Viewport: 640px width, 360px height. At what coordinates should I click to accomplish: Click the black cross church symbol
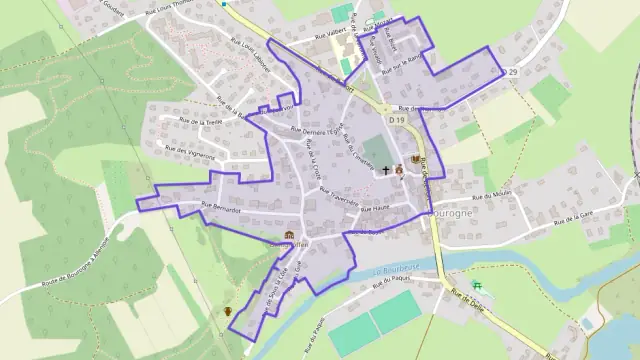click(x=385, y=170)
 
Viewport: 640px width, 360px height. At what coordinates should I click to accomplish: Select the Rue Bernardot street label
click(x=222, y=206)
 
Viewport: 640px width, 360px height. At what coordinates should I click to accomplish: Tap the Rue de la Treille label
click(x=199, y=122)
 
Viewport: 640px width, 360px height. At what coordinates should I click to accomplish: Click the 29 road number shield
click(x=511, y=72)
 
